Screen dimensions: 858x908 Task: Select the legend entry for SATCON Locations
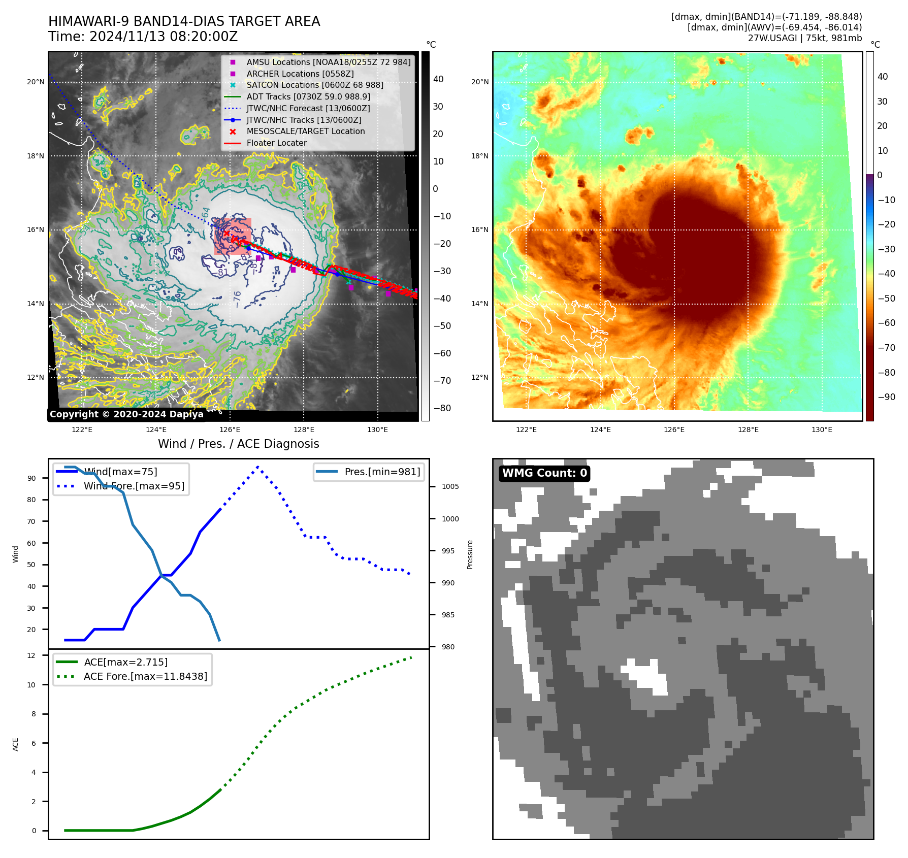point(314,85)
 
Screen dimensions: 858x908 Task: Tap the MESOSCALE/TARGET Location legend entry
point(305,131)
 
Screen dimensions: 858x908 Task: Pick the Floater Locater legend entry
point(276,143)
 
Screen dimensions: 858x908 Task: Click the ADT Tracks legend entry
point(308,97)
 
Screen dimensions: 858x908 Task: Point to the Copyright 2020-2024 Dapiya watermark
point(126,414)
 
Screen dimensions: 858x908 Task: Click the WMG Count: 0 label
point(544,473)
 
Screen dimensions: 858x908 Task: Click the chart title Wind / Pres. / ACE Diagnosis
point(239,444)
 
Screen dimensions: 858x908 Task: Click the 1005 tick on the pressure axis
point(450,487)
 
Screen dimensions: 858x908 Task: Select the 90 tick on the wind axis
point(32,478)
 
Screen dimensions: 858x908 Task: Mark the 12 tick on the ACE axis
point(32,655)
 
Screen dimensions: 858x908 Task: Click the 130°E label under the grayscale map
point(377,430)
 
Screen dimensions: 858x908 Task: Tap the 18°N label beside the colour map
point(480,156)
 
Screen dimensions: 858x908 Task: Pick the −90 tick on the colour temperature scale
point(886,397)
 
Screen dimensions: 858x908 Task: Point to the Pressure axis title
point(470,554)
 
